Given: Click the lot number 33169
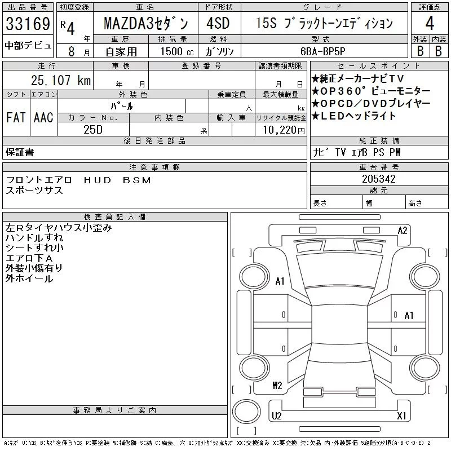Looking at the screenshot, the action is (x=28, y=23).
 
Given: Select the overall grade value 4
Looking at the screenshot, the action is (x=430, y=23).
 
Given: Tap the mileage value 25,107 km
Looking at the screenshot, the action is (x=61, y=80).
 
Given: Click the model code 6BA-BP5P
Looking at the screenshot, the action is (x=322, y=51).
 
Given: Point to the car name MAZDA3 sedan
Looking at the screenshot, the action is (x=146, y=23).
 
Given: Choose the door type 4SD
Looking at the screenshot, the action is (x=218, y=23).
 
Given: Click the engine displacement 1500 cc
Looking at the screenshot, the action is (x=177, y=51).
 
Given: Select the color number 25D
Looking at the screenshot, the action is (x=93, y=130).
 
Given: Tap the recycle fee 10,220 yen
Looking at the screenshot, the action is (x=284, y=130).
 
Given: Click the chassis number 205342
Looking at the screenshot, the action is (x=379, y=179).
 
